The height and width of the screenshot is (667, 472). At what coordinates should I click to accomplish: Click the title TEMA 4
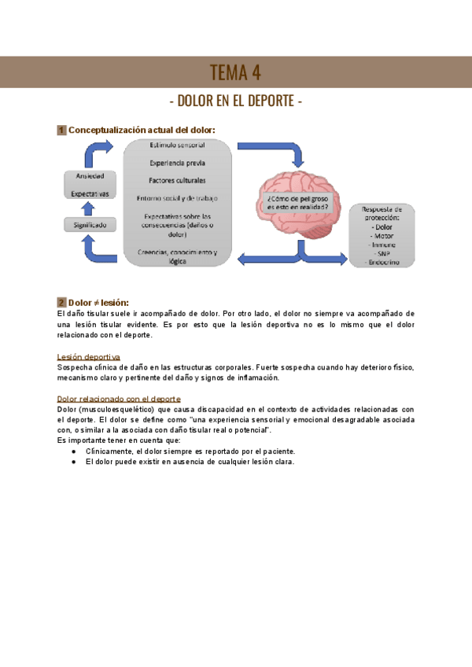click(235, 73)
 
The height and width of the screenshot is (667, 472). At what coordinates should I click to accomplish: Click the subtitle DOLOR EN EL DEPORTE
click(236, 101)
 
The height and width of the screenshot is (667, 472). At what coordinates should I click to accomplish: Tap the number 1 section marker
click(61, 130)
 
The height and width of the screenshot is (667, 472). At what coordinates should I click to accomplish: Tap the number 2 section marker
click(61, 302)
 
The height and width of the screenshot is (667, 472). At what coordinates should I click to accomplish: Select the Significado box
click(90, 225)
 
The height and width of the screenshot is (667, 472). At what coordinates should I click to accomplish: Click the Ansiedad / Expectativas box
click(90, 184)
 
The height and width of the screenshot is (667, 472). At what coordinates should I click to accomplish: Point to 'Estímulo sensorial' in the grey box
click(177, 146)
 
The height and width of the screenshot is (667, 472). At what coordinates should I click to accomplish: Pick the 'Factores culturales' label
click(177, 179)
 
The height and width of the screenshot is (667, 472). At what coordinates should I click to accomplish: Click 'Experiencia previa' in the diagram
click(177, 163)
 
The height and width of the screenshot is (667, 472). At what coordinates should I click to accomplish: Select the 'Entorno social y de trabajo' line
click(177, 197)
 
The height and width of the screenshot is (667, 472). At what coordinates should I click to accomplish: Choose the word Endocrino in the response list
click(382, 262)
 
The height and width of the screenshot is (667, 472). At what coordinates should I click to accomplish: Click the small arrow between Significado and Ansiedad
click(89, 208)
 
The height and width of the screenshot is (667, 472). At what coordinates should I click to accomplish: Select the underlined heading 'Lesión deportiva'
click(89, 357)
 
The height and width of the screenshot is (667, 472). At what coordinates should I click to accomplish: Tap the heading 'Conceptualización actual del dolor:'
click(142, 130)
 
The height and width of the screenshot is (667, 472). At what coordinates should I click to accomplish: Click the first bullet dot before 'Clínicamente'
click(73, 451)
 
